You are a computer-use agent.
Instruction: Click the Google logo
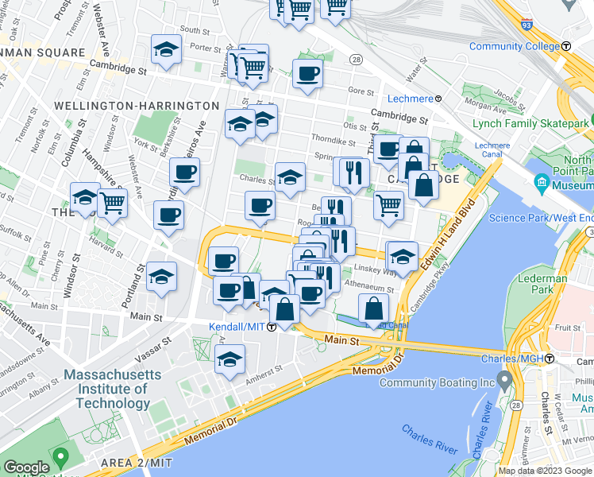click(26, 467)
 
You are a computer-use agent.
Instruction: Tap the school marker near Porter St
click(167, 49)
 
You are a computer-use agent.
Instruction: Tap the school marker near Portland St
click(162, 276)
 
